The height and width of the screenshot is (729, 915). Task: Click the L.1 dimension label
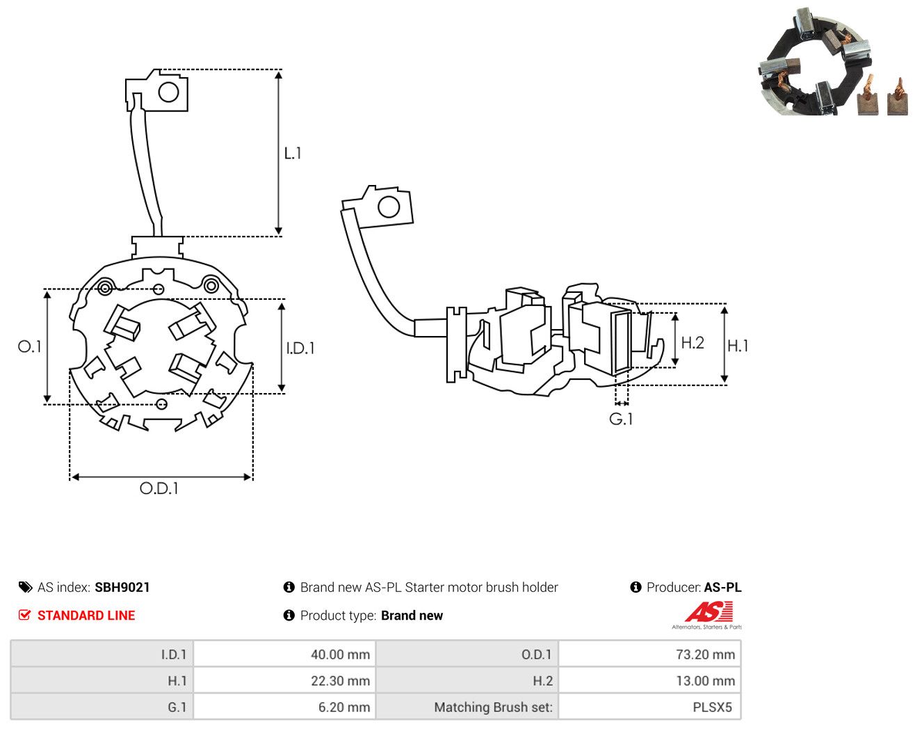pyautogui.click(x=293, y=154)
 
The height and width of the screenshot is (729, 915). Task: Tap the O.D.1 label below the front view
pyautogui.click(x=159, y=488)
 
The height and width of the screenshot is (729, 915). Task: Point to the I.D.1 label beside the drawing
pyautogui.click(x=300, y=349)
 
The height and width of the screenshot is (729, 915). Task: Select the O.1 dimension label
pyautogui.click(x=29, y=346)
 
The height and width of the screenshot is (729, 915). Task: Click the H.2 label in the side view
pyautogui.click(x=693, y=343)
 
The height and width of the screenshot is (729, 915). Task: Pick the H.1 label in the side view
pyautogui.click(x=738, y=346)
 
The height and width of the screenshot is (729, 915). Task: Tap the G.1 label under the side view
pyautogui.click(x=621, y=419)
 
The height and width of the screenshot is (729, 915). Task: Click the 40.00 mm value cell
pyautogui.click(x=284, y=654)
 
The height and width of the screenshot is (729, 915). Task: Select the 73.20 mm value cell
pyautogui.click(x=649, y=654)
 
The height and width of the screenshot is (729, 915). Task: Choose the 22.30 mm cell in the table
pyautogui.click(x=284, y=680)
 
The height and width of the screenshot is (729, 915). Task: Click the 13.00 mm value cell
pyautogui.click(x=649, y=680)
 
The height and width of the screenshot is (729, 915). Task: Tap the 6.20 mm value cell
pyautogui.click(x=284, y=707)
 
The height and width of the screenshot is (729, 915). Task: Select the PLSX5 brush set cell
pyautogui.click(x=649, y=707)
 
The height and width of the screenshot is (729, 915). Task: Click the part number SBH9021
pyautogui.click(x=122, y=587)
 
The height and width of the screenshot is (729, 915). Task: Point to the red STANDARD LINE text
pyautogui.click(x=86, y=616)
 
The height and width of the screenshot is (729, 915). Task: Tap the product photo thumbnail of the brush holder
pyautogui.click(x=834, y=62)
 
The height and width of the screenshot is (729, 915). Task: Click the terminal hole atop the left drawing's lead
pyautogui.click(x=168, y=92)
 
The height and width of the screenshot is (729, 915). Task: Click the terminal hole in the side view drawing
pyautogui.click(x=389, y=207)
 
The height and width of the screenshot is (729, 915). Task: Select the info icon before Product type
pyautogui.click(x=289, y=616)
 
